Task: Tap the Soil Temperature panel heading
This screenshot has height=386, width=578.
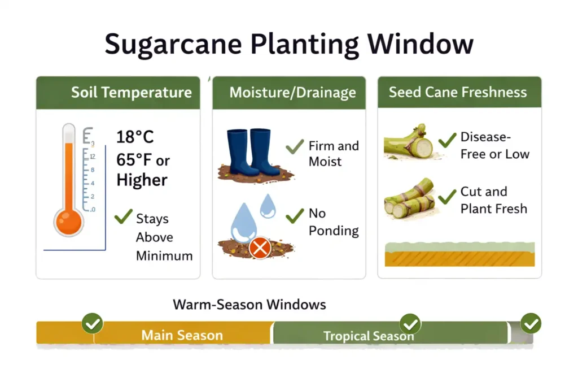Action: pyautogui.click(x=131, y=93)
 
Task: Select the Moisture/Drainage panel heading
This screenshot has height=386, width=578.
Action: pyautogui.click(x=292, y=93)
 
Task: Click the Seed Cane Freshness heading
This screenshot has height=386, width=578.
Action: pyautogui.click(x=457, y=92)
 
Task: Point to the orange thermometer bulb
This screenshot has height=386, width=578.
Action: pyautogui.click(x=69, y=221)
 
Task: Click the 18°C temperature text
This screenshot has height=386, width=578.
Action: pyautogui.click(x=135, y=137)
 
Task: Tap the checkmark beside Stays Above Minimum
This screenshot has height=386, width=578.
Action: pyautogui.click(x=122, y=217)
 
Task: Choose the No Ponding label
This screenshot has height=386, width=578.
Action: pyautogui.click(x=333, y=222)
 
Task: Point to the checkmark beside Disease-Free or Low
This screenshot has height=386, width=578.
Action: pyautogui.click(x=447, y=139)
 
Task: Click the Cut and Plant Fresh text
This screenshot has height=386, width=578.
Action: pyautogui.click(x=493, y=200)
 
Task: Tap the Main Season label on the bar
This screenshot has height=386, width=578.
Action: pyautogui.click(x=182, y=335)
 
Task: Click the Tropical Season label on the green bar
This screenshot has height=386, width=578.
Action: pyautogui.click(x=369, y=336)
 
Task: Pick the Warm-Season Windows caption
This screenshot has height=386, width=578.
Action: pyautogui.click(x=249, y=305)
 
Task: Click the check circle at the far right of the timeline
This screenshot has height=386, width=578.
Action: pyautogui.click(x=531, y=323)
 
